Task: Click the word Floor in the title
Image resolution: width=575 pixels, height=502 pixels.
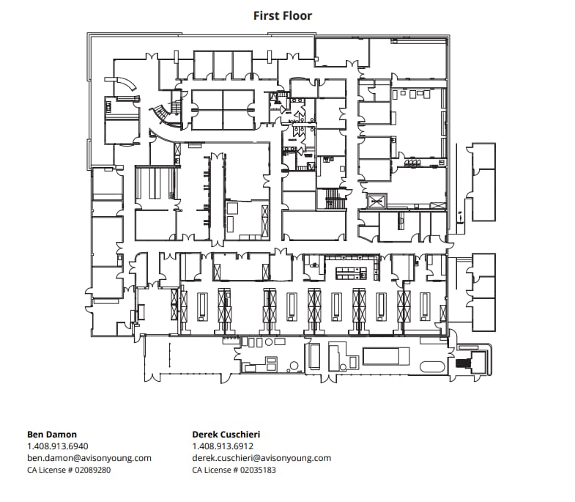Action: tap(298, 15)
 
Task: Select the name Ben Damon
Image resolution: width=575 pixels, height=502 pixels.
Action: tap(52, 434)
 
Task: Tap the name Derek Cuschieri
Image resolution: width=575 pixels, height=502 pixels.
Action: tap(226, 434)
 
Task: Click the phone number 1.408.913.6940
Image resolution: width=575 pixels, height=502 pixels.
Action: tap(58, 446)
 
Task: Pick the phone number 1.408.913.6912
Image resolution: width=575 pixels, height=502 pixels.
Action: tap(223, 446)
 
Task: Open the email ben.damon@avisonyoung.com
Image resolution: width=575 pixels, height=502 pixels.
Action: tap(89, 457)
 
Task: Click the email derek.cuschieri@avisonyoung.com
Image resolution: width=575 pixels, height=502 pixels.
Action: tap(261, 457)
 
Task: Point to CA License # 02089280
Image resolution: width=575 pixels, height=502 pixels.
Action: tap(69, 470)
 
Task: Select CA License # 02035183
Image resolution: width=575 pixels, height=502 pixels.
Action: tap(234, 470)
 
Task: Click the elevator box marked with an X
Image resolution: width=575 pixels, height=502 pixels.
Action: tap(377, 200)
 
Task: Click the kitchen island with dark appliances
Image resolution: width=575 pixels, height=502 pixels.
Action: tap(351, 273)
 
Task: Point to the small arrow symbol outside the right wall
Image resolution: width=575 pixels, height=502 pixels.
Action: tap(459, 216)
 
